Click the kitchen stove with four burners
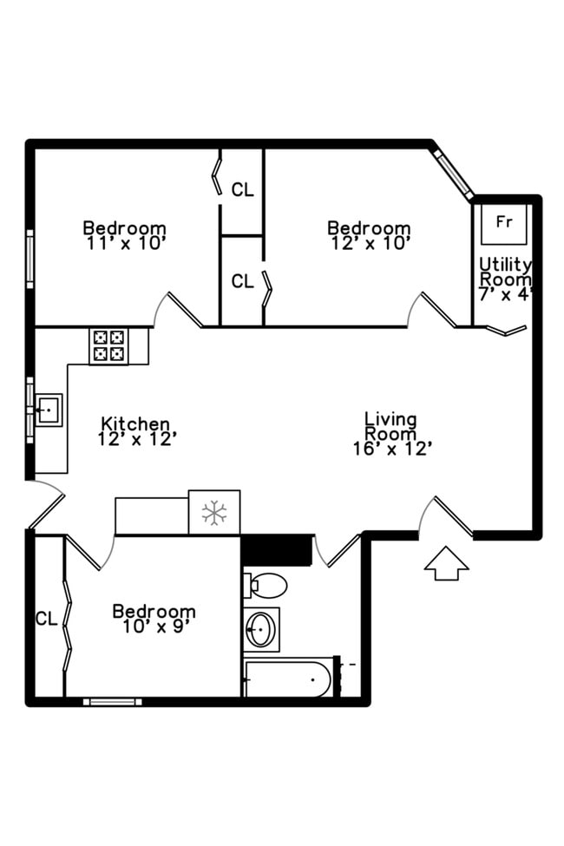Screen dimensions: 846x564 pos(108,345)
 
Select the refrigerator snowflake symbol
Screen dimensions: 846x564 pos(213,512)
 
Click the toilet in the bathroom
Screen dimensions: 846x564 pos(269,587)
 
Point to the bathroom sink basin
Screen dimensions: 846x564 pos(261,629)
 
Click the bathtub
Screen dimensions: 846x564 pos(288,678)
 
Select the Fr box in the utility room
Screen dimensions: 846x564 pos(504,222)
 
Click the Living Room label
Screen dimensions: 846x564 pos(390,426)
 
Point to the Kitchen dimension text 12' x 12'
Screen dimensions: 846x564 pos(137,439)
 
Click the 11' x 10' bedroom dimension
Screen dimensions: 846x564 pos(125,244)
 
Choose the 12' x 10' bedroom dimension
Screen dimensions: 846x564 pos(370,244)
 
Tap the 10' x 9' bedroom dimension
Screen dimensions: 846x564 pos(154,627)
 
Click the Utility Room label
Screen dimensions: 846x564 pos(505,271)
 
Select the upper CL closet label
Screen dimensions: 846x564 pos(243,189)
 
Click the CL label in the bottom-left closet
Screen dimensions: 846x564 pos(46,619)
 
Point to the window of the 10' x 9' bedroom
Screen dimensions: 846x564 pos(113,701)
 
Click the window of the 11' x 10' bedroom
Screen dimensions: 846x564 pos(30,258)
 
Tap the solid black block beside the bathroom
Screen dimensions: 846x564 pos(276,549)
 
